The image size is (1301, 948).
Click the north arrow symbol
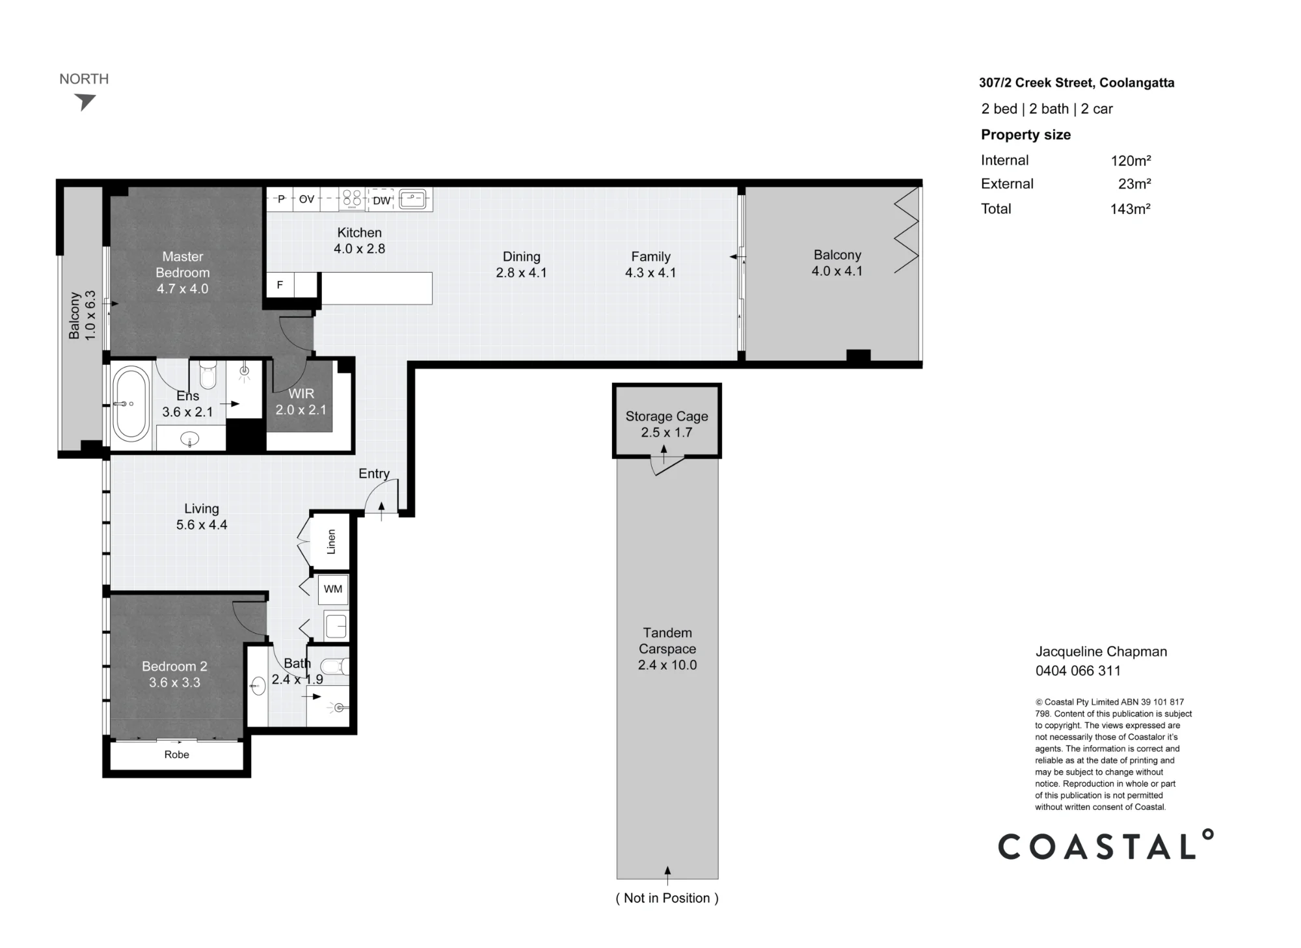85,102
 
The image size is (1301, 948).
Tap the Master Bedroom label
183,265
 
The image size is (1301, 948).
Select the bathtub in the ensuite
131,403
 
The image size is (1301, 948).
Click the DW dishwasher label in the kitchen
381,200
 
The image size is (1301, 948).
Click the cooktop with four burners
352,198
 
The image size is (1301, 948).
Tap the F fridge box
280,285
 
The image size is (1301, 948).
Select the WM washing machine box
333,589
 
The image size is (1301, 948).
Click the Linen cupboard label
331,541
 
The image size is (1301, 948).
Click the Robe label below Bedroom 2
177,755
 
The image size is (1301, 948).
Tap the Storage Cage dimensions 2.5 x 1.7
667,432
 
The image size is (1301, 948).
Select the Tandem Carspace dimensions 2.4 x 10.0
667,665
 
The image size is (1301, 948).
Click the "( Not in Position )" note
667,898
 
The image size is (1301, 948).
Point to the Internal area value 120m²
1131,161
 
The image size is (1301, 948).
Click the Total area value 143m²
1131,209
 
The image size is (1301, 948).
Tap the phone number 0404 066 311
1078,671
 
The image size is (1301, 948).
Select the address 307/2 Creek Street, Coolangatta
1077,83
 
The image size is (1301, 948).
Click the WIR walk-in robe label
301,394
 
